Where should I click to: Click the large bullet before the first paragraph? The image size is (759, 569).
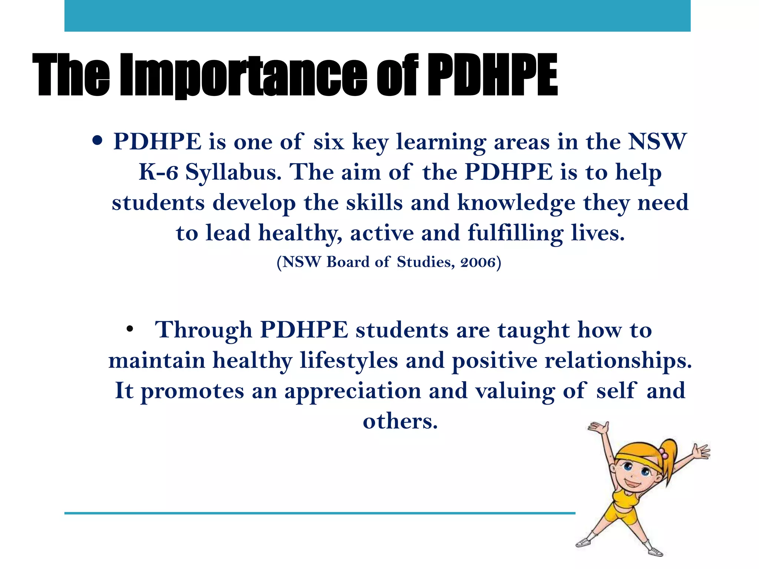click(x=97, y=141)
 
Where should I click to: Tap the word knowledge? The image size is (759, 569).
click(x=516, y=203)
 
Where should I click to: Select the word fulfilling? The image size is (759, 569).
click(x=515, y=233)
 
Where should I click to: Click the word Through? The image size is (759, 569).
click(x=203, y=330)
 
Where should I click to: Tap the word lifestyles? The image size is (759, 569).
click(x=349, y=360)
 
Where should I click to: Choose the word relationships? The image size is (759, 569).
click(x=618, y=360)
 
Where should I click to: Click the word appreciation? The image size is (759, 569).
click(x=352, y=391)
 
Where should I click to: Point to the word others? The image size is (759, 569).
click(x=400, y=421)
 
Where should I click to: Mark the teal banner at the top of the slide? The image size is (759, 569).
click(x=377, y=16)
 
